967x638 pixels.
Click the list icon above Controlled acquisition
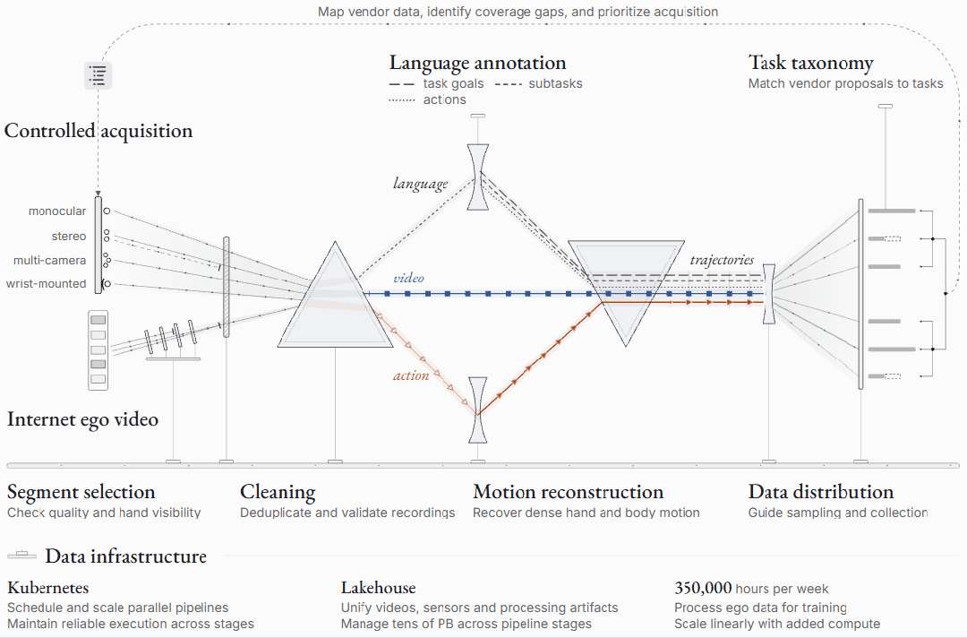point(98,75)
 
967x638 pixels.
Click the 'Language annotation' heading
point(477,63)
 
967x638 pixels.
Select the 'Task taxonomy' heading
point(810,63)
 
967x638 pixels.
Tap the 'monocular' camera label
point(57,211)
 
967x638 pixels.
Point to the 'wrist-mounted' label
point(47,284)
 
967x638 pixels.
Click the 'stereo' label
point(69,237)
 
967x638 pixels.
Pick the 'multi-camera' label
point(50,261)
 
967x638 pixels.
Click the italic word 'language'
point(421,184)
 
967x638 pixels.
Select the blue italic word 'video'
point(409,278)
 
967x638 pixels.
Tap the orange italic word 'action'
point(411,375)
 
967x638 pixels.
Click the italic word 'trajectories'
point(723,260)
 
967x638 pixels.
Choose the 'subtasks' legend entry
point(539,84)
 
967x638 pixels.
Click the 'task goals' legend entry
point(437,84)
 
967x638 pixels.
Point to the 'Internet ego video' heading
point(82,419)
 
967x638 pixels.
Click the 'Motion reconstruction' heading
point(568,492)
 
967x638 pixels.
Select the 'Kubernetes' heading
point(48,588)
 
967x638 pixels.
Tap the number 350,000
point(703,588)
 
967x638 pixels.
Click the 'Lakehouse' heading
point(379,588)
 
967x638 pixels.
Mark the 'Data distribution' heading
point(821,492)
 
